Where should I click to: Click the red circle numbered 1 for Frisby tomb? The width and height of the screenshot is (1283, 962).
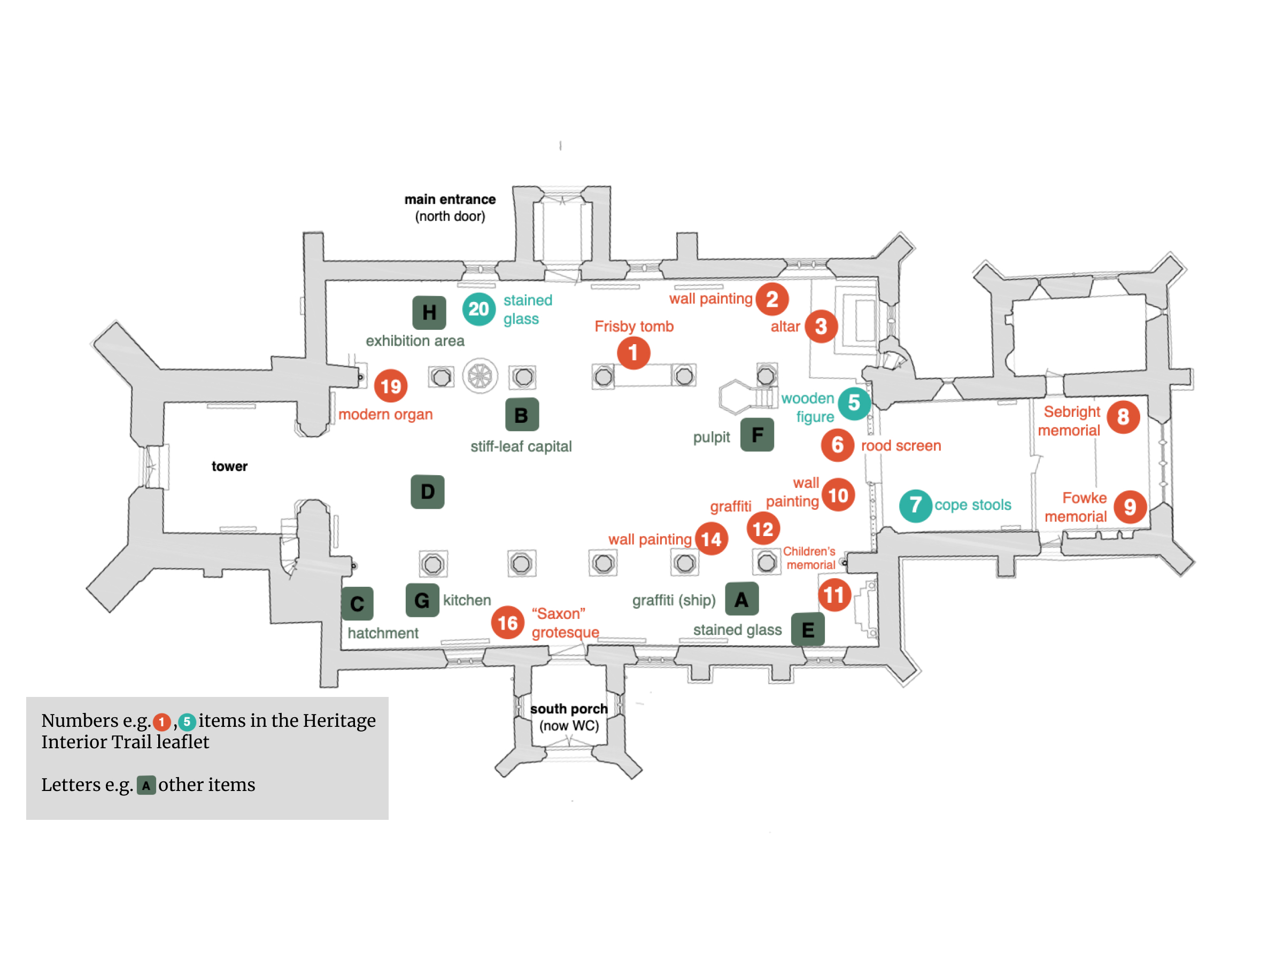click(633, 353)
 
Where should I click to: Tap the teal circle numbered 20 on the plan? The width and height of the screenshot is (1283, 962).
click(478, 309)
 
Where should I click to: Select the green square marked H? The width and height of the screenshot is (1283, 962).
click(429, 313)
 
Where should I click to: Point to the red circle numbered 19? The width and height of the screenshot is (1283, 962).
click(391, 386)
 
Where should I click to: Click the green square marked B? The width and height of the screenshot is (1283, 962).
click(522, 415)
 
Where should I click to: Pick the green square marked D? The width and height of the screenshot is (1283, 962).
click(428, 492)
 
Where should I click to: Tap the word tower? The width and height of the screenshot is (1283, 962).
click(229, 466)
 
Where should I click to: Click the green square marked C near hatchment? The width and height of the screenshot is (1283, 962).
click(357, 603)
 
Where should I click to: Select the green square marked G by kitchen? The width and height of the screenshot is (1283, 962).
click(422, 600)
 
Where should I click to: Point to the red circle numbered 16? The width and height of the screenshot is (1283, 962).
click(507, 623)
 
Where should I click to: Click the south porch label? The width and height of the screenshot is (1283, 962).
click(569, 709)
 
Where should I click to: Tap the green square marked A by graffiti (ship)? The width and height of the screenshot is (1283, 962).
click(742, 599)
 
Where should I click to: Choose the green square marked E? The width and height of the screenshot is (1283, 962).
click(808, 629)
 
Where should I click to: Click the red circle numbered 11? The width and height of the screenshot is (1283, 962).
click(834, 595)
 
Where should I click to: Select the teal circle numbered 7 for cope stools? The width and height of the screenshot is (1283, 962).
click(915, 506)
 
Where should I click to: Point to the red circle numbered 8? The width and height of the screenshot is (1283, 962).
click(1124, 417)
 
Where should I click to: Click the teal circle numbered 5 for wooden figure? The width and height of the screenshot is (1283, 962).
click(854, 403)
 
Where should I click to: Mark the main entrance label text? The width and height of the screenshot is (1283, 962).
click(450, 199)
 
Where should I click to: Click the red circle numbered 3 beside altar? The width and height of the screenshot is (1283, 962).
click(821, 327)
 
